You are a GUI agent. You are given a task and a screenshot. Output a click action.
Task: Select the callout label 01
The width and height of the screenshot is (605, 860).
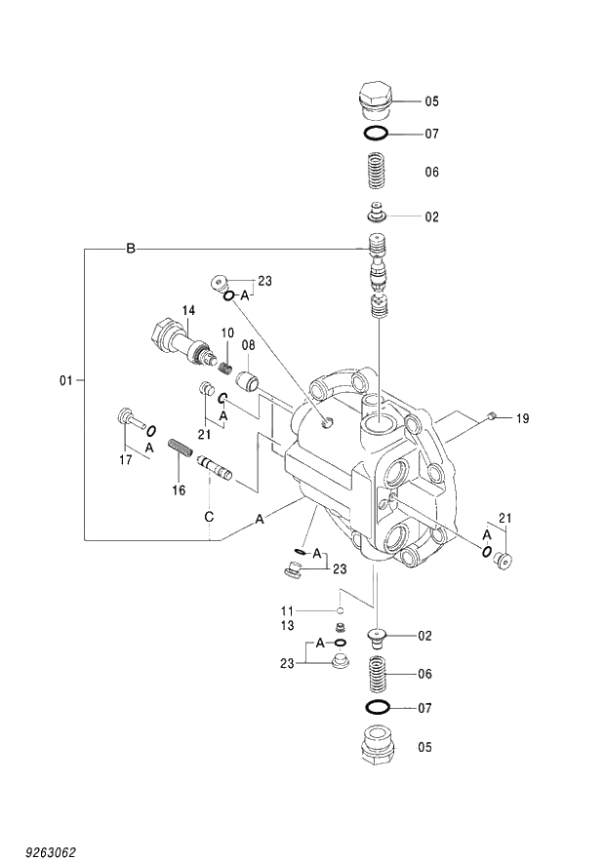pyautogui.click(x=66, y=381)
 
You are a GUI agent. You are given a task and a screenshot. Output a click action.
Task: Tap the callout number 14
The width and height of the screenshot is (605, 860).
pyautogui.click(x=188, y=310)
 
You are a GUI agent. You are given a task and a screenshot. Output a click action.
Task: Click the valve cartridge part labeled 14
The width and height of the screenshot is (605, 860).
pyautogui.click(x=176, y=343)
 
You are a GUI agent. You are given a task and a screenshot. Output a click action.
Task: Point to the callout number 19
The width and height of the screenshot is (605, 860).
pyautogui.click(x=522, y=418)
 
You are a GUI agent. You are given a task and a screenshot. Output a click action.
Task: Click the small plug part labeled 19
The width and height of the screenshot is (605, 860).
pyautogui.click(x=494, y=416)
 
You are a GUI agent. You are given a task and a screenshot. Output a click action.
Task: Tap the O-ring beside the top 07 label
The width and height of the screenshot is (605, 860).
pyautogui.click(x=376, y=134)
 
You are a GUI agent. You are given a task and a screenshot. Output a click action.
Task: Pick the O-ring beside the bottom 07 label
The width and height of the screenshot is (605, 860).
pyautogui.click(x=377, y=706)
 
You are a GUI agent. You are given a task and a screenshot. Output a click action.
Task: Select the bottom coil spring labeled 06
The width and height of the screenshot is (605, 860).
pyautogui.click(x=377, y=673)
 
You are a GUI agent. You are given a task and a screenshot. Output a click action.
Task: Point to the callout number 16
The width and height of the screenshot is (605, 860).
pyautogui.click(x=179, y=490)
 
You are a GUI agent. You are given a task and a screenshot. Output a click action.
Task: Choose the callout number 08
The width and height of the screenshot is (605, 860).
pyautogui.click(x=248, y=345)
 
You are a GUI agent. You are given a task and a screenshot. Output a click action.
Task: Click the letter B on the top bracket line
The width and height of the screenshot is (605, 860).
pyautogui.click(x=130, y=250)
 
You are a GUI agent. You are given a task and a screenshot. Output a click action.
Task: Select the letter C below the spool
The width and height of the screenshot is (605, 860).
pyautogui.click(x=208, y=518)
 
